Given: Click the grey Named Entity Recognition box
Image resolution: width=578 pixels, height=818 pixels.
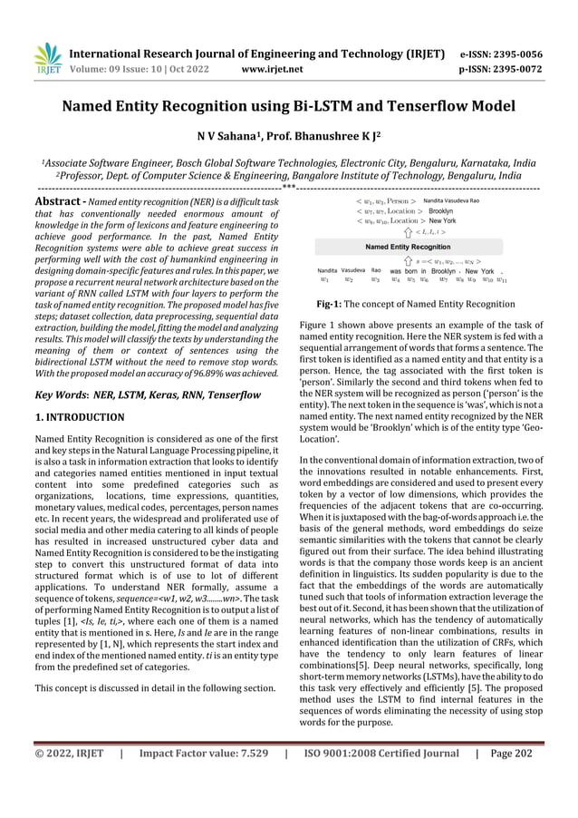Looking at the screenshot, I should [407, 246].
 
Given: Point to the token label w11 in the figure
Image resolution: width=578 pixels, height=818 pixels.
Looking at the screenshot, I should [502, 280].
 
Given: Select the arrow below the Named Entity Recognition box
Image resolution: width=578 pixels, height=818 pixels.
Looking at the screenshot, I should [407, 260].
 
